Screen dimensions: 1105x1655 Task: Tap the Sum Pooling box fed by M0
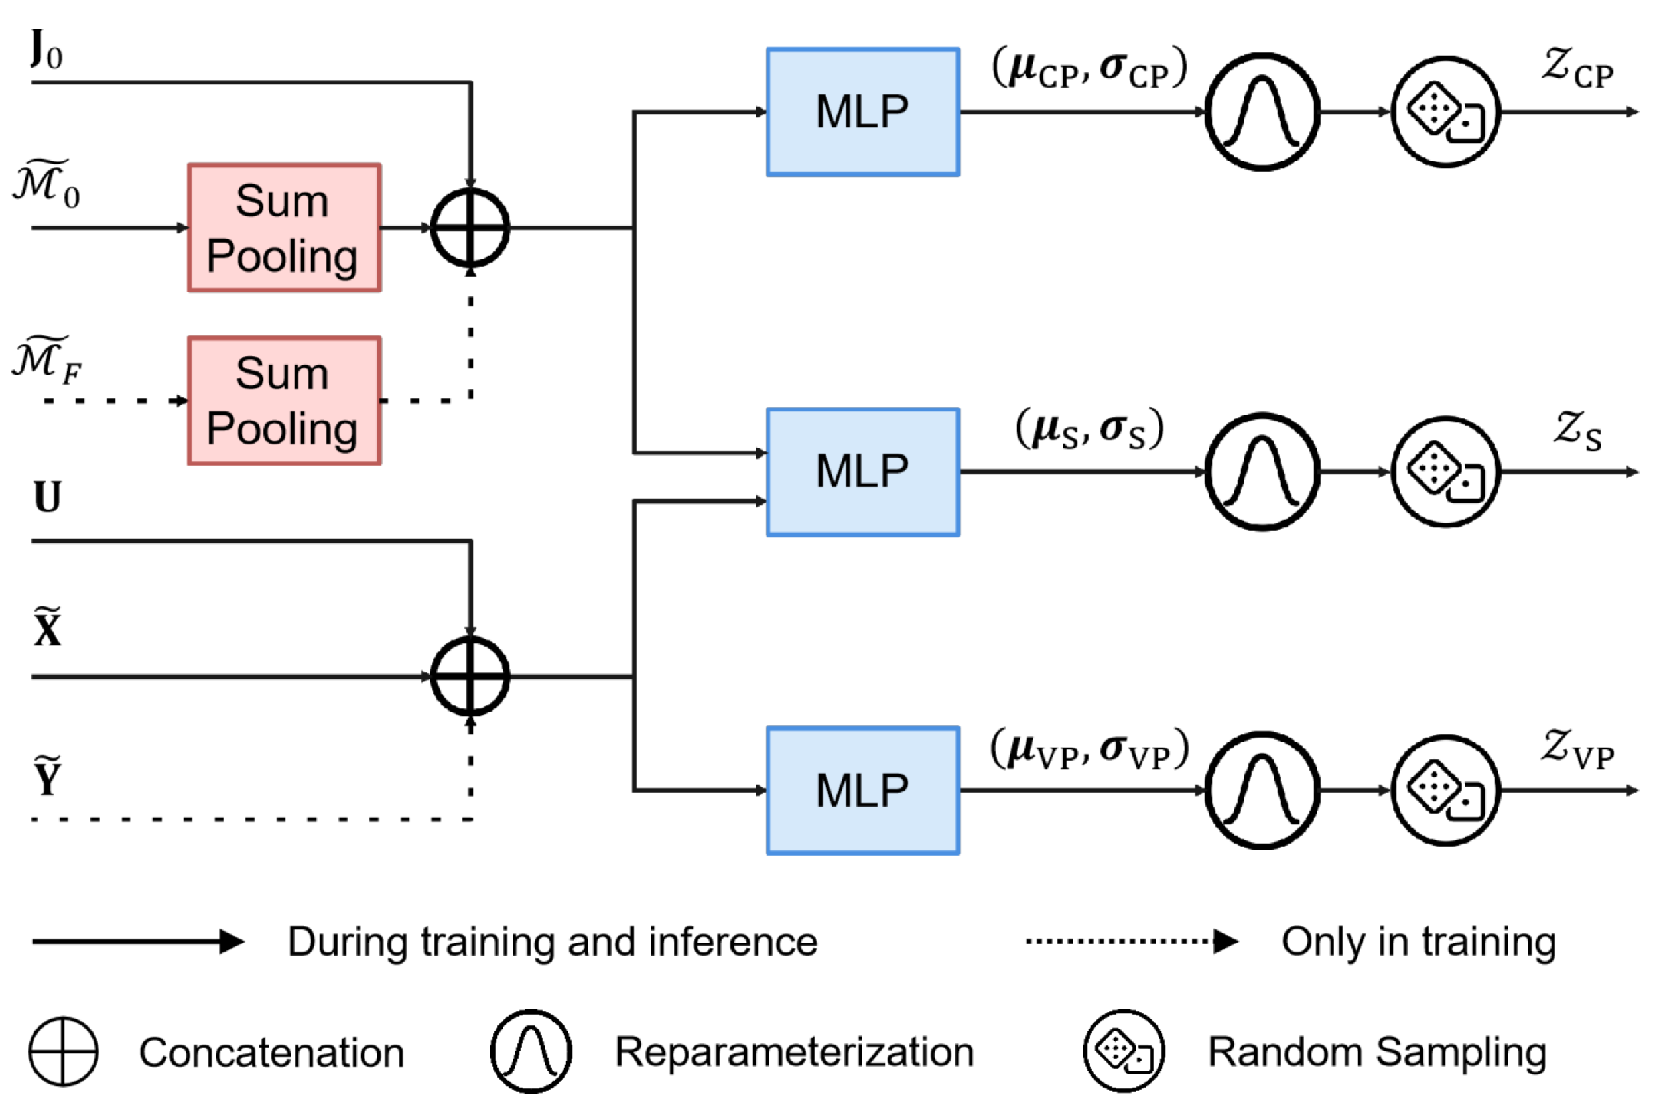[x=284, y=227]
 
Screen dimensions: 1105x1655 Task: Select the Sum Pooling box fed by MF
[x=284, y=401]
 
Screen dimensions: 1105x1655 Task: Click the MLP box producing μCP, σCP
[x=863, y=112]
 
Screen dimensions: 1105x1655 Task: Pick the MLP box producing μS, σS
[x=863, y=472]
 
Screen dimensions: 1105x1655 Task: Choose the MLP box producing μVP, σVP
[x=863, y=790]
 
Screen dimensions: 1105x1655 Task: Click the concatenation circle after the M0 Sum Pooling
[x=470, y=227]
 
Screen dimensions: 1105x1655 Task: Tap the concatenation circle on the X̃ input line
[x=470, y=676]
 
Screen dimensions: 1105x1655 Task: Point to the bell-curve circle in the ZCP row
[x=1262, y=112]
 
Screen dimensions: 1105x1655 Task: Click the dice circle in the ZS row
[x=1445, y=472]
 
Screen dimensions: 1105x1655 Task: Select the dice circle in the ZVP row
[x=1445, y=790]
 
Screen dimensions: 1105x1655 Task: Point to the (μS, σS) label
[x=1089, y=429]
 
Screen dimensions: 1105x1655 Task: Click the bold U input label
[x=47, y=497]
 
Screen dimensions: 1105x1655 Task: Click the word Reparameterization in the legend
[x=795, y=1052]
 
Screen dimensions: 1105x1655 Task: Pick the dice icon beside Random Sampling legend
[x=1124, y=1051]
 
